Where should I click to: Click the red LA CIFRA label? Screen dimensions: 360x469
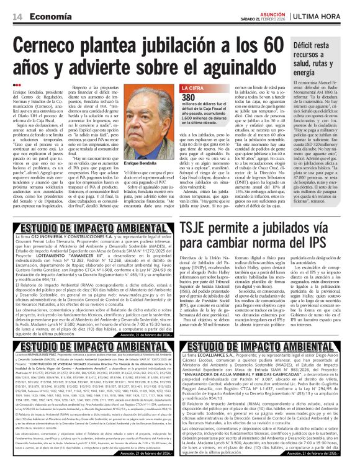pos(190,87)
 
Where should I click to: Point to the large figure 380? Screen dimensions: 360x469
pos(187,98)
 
